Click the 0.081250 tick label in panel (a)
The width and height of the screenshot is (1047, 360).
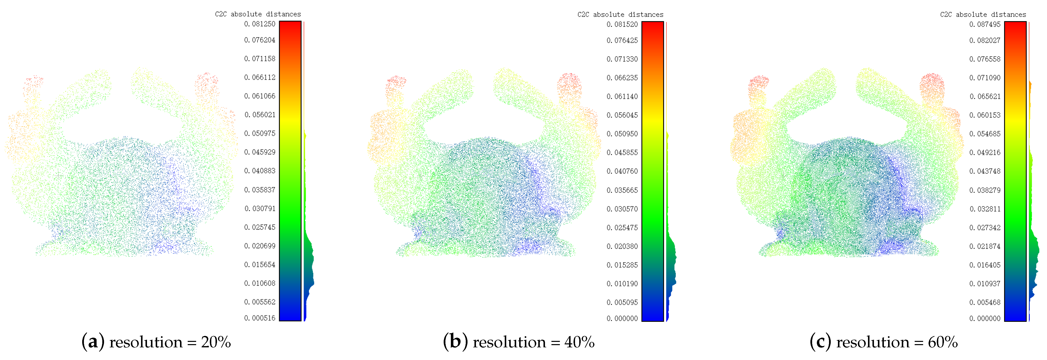coord(260,24)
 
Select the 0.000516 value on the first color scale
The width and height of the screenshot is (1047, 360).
coord(260,318)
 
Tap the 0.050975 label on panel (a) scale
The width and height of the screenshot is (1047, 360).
coord(260,133)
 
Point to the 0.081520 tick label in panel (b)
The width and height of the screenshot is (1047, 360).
coord(622,24)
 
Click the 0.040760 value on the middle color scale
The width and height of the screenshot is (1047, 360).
coord(622,171)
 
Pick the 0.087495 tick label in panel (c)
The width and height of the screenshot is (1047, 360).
coord(985,24)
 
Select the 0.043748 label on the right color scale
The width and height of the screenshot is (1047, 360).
coord(985,171)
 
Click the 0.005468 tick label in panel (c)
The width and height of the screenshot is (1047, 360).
coord(985,302)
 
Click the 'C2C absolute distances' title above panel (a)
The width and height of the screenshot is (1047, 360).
coord(258,14)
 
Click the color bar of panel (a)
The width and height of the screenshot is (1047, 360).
coord(290,171)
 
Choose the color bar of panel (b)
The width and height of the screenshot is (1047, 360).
coord(653,171)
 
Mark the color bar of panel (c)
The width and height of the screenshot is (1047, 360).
coord(1015,171)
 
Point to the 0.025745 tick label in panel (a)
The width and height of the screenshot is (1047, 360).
coord(260,227)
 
